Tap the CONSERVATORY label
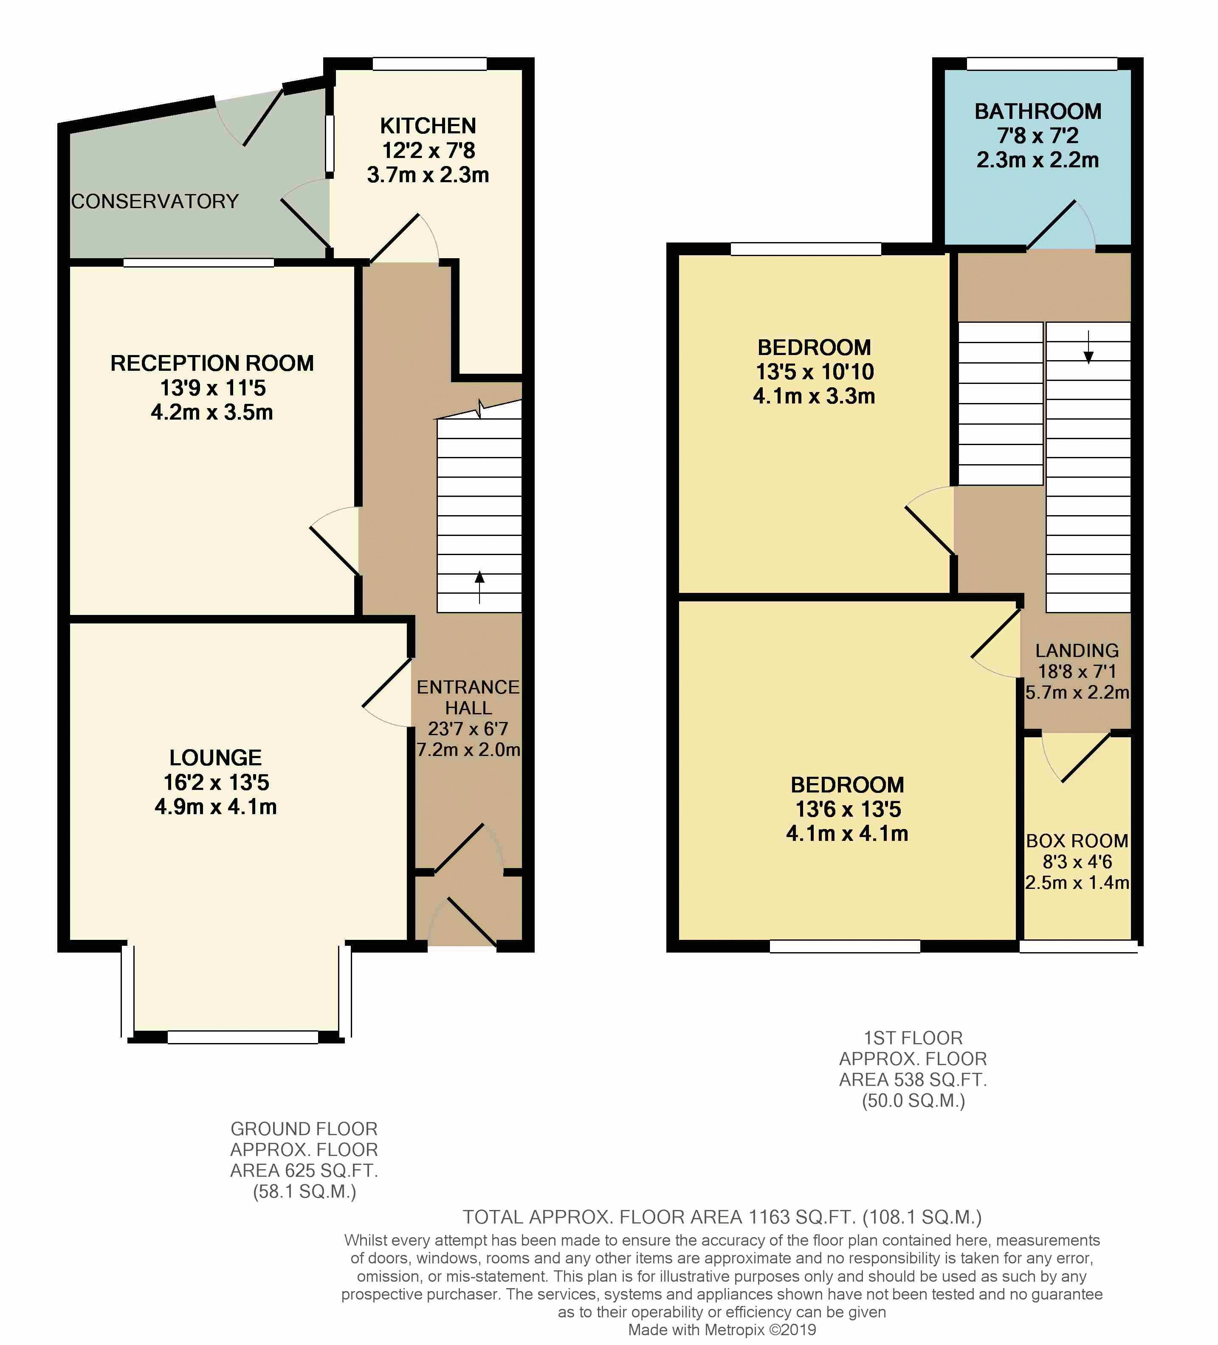point(155,201)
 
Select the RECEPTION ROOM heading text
point(212,363)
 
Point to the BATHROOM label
point(1038,111)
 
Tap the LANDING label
point(1077,651)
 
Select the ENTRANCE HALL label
point(468,697)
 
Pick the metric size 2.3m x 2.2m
point(1038,160)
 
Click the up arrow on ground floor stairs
point(479,587)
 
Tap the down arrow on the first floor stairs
point(1088,347)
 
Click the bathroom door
point(1051,225)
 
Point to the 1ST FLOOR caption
point(913,1038)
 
